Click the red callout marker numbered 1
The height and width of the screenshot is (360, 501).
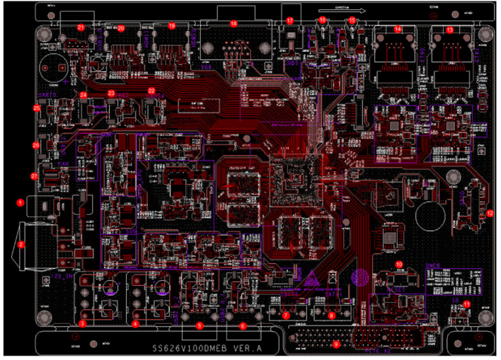[x=21, y=202]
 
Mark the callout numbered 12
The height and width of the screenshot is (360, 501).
[x=490, y=212]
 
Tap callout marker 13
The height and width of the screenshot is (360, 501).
[x=449, y=30]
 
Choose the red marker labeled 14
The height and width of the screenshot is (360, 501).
[x=398, y=30]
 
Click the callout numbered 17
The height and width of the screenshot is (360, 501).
[x=290, y=21]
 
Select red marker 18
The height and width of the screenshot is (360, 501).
[x=234, y=24]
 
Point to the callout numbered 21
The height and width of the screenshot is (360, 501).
[x=81, y=28]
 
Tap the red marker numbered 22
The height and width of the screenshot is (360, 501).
[x=151, y=91]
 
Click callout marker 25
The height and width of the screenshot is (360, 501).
[x=37, y=108]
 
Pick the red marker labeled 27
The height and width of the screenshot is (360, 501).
[x=33, y=175]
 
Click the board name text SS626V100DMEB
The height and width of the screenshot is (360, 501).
[x=179, y=349]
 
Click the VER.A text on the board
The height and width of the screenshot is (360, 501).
[x=238, y=349]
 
